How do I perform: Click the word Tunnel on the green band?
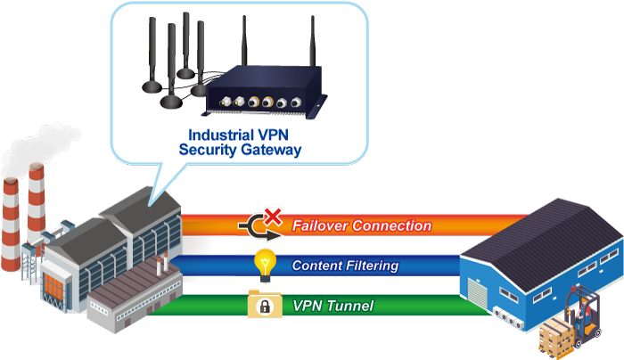[x=352, y=307]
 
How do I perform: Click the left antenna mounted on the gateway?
[x=243, y=45]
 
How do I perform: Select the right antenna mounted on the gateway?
[x=315, y=45]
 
